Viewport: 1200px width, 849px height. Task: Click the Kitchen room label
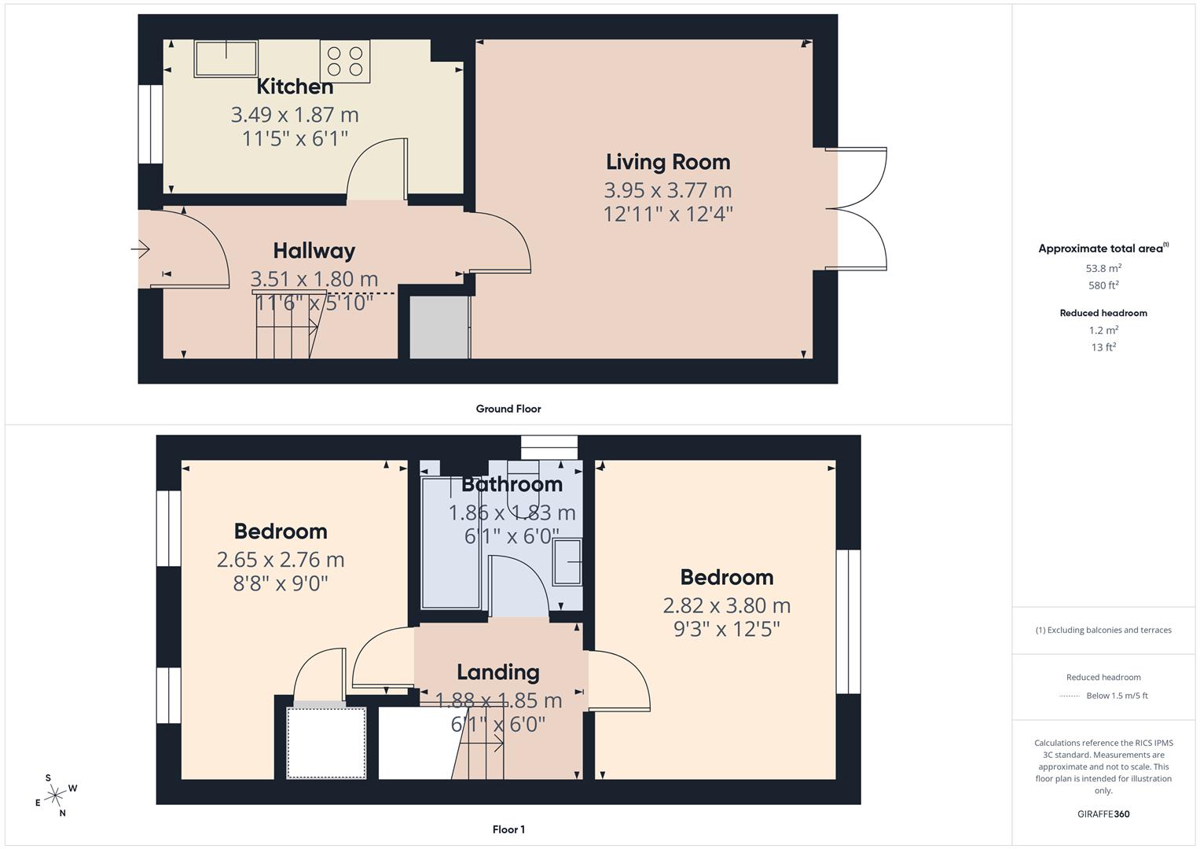click(x=295, y=86)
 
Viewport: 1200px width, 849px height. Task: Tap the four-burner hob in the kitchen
click(x=345, y=61)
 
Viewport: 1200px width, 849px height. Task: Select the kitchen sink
click(x=226, y=58)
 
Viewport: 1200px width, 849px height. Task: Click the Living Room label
click(x=667, y=162)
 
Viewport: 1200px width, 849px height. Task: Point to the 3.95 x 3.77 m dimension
click(x=667, y=190)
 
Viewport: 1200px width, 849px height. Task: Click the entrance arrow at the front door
click(x=141, y=250)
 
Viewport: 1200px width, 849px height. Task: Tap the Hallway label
click(x=314, y=251)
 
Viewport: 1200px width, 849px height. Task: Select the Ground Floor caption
click(x=508, y=409)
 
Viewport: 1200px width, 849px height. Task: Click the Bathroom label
click(x=512, y=484)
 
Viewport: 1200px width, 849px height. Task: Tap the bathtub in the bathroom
click(x=450, y=542)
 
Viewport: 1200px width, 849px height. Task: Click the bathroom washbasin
click(x=567, y=562)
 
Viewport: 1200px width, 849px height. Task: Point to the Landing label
click(x=498, y=672)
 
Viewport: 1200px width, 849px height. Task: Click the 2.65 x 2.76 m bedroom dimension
click(x=281, y=560)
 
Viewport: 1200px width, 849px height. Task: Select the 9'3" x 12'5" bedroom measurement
click(x=726, y=630)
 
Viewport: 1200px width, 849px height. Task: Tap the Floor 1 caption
click(x=508, y=829)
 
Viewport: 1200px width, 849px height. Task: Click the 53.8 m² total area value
click(x=1103, y=268)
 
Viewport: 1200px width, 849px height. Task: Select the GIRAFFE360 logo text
click(x=1103, y=814)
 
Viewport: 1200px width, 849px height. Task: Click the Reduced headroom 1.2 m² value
click(x=1103, y=330)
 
